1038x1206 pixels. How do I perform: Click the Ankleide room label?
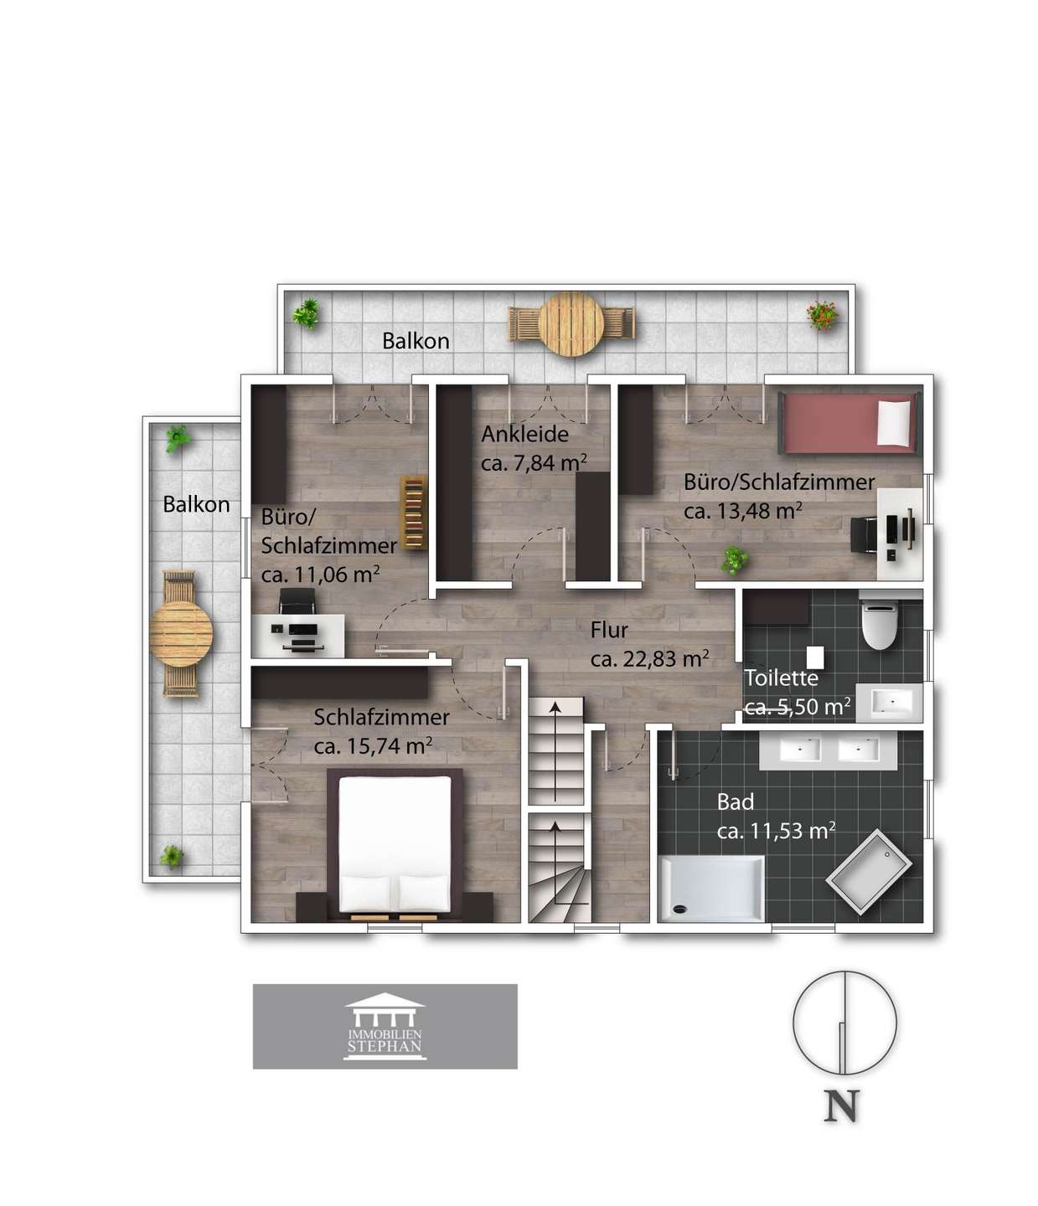click(x=524, y=434)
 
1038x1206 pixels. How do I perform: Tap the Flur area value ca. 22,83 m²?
click(x=650, y=658)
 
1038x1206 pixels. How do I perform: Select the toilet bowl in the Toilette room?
click(x=878, y=626)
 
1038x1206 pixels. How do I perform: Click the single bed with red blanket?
click(x=849, y=423)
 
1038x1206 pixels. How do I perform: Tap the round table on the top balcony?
click(x=571, y=324)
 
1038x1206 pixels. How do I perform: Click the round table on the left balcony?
click(x=181, y=633)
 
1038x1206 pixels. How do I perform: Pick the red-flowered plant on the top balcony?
click(x=822, y=316)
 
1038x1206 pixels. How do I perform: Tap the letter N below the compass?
click(x=841, y=1105)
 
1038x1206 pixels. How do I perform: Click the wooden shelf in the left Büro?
click(x=413, y=513)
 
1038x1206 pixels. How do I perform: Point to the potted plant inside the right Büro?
click(x=734, y=560)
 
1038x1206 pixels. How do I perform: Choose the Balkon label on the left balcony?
click(x=196, y=505)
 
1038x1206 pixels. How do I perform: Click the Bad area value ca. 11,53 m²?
click(x=776, y=830)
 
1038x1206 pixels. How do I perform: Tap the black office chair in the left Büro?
click(x=297, y=600)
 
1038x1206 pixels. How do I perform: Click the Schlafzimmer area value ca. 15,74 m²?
click(x=373, y=745)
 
